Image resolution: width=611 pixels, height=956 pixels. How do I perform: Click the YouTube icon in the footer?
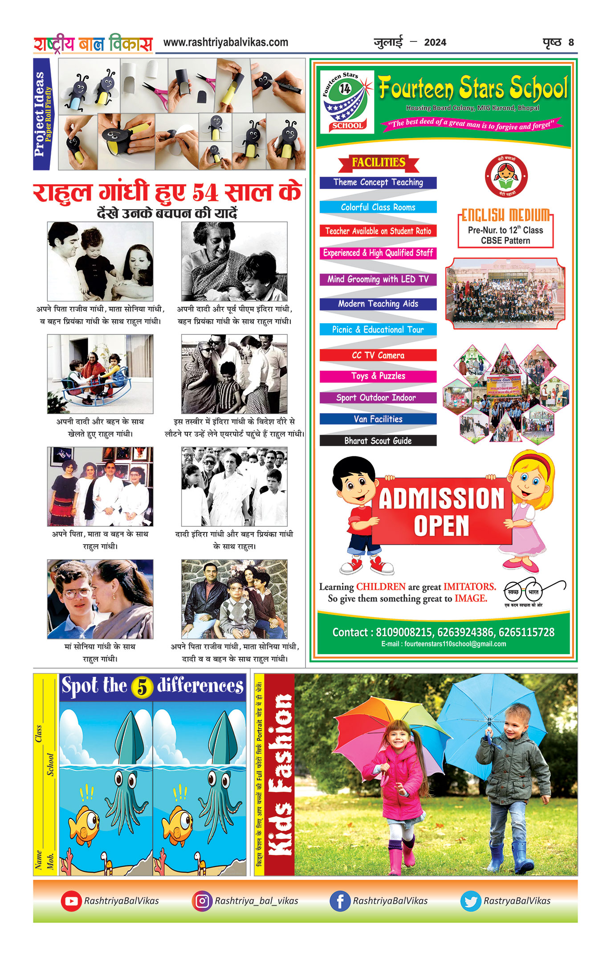(71, 901)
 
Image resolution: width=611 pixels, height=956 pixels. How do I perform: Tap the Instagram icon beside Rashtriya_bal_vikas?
(202, 901)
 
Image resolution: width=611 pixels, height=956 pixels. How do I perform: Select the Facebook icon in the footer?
(340, 901)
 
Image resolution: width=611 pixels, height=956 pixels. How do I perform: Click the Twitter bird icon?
(471, 901)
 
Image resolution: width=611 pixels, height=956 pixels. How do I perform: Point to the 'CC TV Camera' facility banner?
(378, 355)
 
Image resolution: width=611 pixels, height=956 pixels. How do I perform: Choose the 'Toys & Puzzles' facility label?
(378, 376)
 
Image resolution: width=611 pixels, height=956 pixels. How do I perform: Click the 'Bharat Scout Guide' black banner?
(378, 441)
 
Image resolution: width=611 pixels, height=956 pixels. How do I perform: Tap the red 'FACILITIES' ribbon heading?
(379, 163)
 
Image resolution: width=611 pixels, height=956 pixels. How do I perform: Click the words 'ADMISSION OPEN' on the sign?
(441, 512)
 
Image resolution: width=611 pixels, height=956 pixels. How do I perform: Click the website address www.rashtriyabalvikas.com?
(226, 42)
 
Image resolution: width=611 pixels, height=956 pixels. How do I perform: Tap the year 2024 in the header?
(435, 42)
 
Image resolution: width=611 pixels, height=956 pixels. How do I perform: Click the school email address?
(444, 644)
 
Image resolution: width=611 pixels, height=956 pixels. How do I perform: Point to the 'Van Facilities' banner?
(378, 419)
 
